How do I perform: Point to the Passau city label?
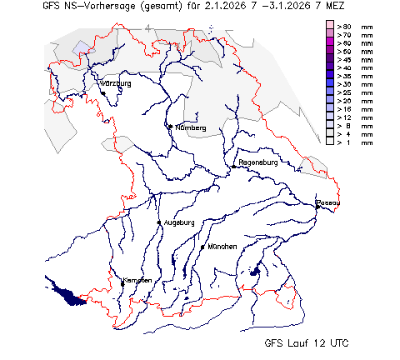pyautogui.click(x=328, y=202)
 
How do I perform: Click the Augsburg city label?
pyautogui.click(x=179, y=222)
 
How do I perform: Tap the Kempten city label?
pyautogui.click(x=137, y=280)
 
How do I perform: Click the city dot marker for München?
pyautogui.click(x=202, y=247)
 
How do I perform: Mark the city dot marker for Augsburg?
pyautogui.click(x=159, y=222)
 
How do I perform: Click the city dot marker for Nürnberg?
pyautogui.click(x=170, y=127)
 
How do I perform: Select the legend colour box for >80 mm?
pyautogui.click(x=330, y=27)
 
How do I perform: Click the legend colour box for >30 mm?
pyautogui.click(x=330, y=85)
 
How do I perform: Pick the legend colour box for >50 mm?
pyautogui.click(x=330, y=52)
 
